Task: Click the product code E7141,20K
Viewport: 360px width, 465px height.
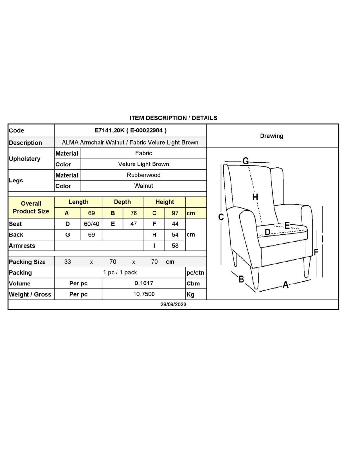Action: click(x=109, y=130)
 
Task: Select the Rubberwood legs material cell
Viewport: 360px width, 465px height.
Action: click(x=144, y=175)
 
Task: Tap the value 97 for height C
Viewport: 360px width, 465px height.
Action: click(x=175, y=213)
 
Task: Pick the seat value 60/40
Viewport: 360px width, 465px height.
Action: click(x=91, y=224)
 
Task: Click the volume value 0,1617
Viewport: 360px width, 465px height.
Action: click(x=144, y=283)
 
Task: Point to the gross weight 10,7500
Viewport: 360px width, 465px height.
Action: click(x=144, y=294)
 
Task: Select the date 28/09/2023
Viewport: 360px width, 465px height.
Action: click(x=173, y=304)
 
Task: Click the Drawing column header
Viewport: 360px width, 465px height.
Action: click(x=272, y=136)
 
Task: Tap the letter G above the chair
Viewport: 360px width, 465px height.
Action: click(x=246, y=161)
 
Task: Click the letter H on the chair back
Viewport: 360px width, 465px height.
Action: click(x=255, y=197)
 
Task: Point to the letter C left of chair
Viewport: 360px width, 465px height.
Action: click(x=221, y=217)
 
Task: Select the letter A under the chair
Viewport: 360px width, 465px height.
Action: click(x=286, y=285)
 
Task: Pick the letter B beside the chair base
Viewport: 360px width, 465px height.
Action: click(x=241, y=279)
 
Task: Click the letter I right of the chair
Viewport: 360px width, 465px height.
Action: click(x=322, y=239)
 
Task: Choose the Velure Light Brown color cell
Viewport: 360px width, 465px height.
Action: click(x=144, y=164)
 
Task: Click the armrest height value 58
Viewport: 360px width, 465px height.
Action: click(x=175, y=246)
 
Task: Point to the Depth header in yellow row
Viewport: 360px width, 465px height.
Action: click(x=122, y=202)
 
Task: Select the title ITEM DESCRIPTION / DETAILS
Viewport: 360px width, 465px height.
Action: click(x=173, y=118)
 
